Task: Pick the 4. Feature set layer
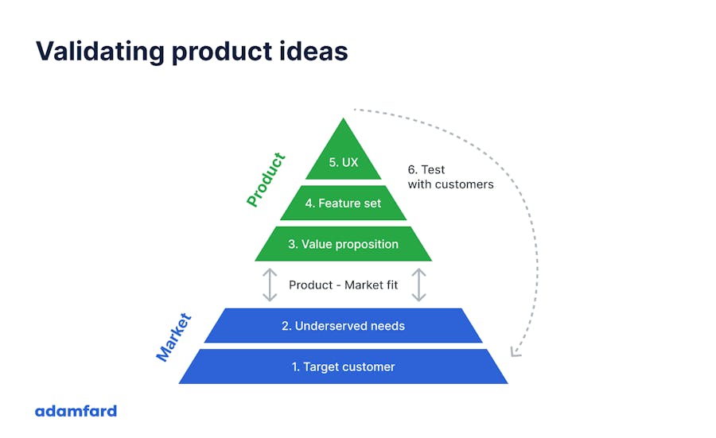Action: click(343, 203)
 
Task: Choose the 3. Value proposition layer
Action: click(343, 244)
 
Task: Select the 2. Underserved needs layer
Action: click(343, 326)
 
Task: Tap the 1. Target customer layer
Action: click(343, 366)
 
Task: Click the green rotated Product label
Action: click(265, 180)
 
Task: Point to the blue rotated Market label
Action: click(173, 338)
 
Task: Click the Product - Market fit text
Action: click(343, 285)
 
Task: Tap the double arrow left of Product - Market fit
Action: click(270, 285)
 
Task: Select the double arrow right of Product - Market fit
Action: click(418, 285)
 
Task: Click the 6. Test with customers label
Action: click(449, 176)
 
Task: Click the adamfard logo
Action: click(76, 411)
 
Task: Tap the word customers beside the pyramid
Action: click(465, 184)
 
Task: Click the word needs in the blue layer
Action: click(386, 326)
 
